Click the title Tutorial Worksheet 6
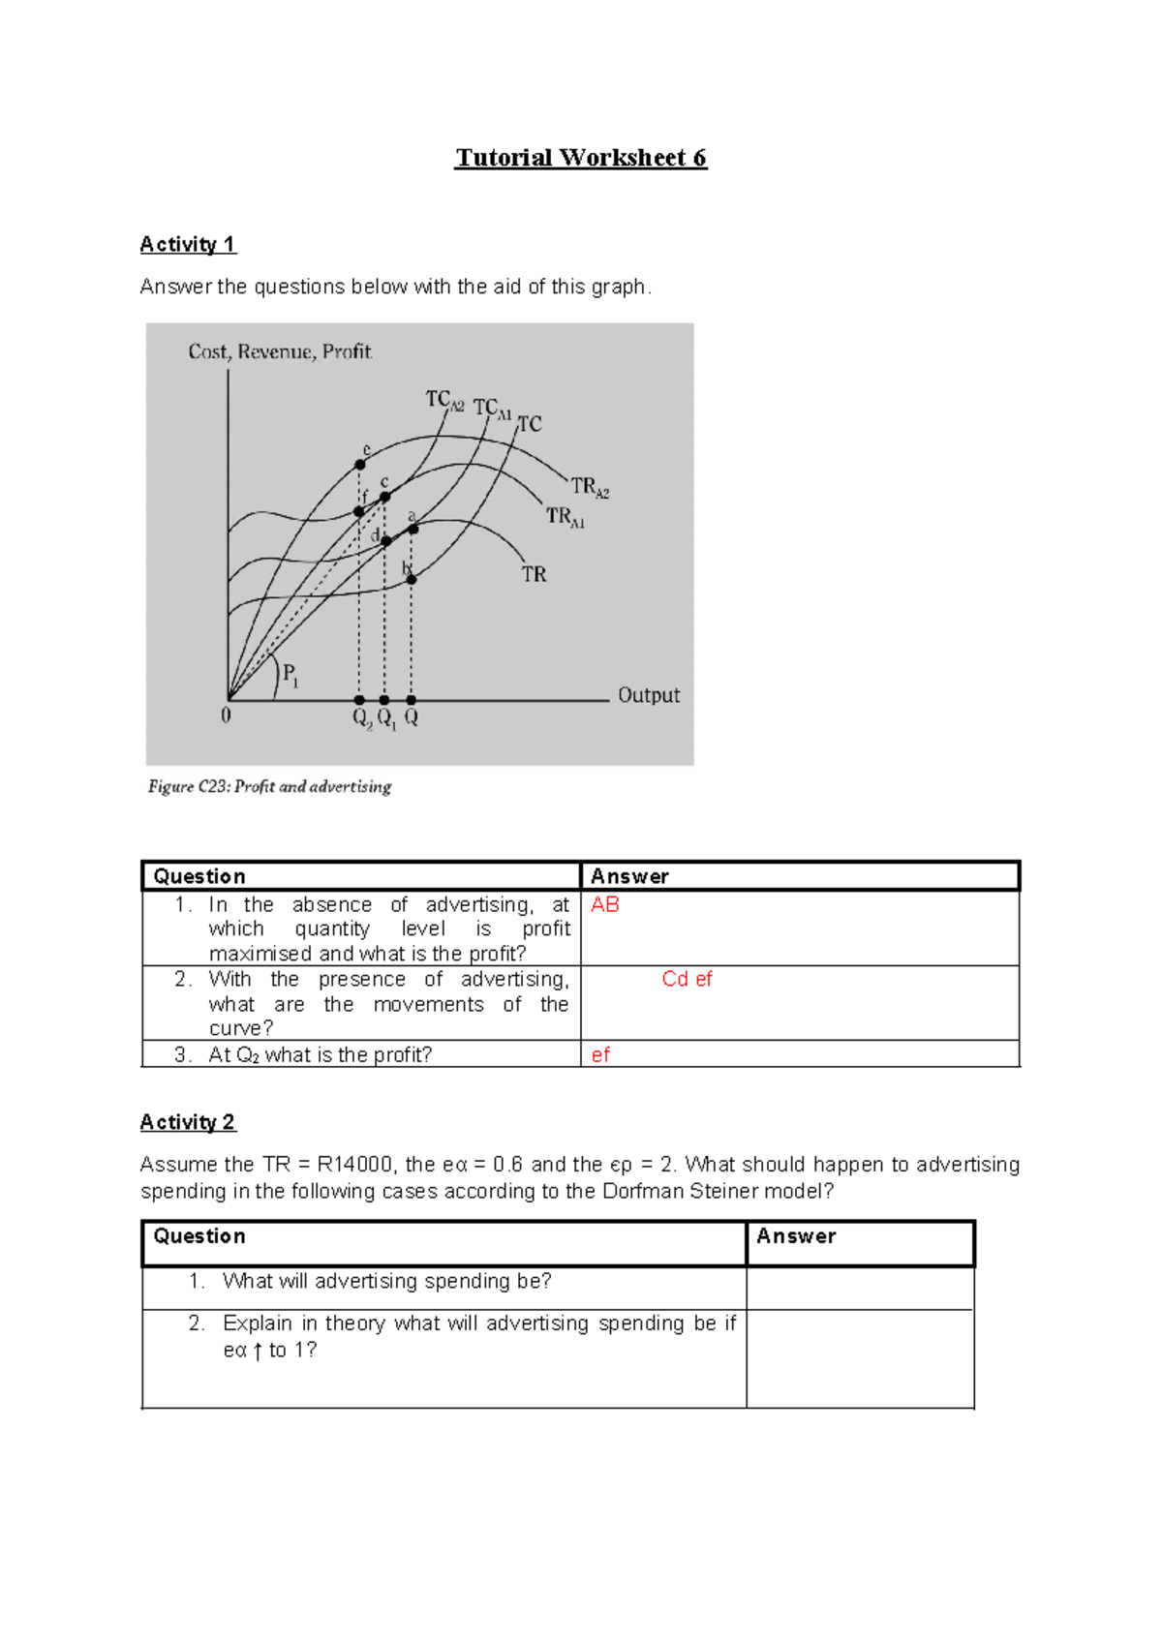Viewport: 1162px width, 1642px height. [581, 158]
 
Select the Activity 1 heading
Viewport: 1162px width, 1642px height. [188, 244]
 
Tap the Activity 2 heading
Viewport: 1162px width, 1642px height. [188, 1122]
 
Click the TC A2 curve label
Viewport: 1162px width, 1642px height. [444, 400]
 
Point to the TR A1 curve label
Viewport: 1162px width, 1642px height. [566, 517]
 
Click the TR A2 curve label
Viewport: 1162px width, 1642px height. [589, 487]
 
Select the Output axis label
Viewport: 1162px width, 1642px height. [649, 695]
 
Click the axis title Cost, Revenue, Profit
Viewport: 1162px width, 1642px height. [280, 351]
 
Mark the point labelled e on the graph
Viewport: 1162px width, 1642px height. [360, 465]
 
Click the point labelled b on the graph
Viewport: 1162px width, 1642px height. [412, 579]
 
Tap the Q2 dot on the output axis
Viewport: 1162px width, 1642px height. [359, 699]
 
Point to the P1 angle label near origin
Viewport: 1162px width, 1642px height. [290, 674]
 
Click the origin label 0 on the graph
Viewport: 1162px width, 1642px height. [226, 716]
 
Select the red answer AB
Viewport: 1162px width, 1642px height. [604, 904]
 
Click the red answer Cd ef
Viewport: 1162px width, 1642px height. [687, 979]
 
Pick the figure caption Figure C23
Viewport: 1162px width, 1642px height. [269, 786]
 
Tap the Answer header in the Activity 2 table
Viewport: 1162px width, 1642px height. [795, 1236]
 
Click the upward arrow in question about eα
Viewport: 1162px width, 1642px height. [258, 1352]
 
